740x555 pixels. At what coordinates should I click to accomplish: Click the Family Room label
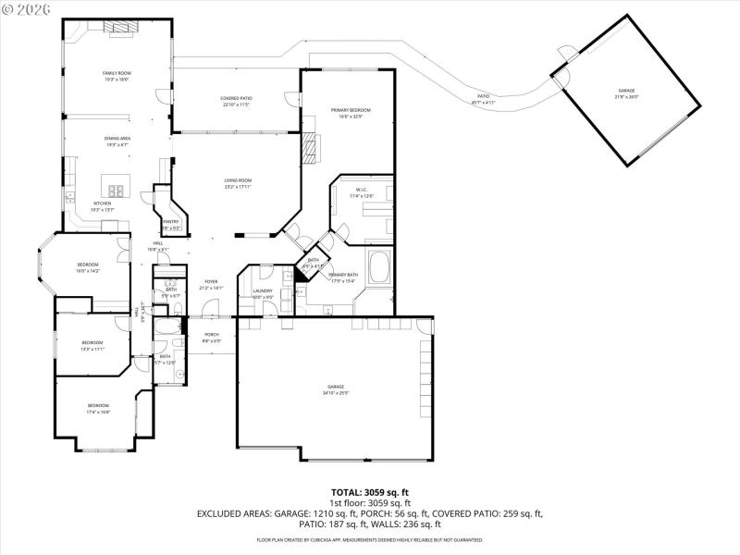click(117, 75)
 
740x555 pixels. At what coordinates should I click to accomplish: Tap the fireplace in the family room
click(117, 28)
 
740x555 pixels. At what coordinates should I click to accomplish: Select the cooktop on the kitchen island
click(117, 191)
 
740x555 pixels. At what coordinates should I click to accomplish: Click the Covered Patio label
click(236, 101)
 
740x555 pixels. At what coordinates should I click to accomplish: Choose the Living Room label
click(238, 183)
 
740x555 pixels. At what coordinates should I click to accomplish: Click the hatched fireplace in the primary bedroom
click(312, 145)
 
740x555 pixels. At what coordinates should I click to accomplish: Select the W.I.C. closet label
click(361, 193)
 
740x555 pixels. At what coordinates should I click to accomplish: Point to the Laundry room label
click(263, 294)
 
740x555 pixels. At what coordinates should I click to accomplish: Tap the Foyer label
click(211, 284)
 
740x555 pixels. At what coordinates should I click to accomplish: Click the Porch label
click(212, 337)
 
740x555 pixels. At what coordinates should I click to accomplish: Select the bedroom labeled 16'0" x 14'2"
click(87, 267)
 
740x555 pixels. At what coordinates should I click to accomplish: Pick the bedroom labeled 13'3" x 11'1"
click(92, 346)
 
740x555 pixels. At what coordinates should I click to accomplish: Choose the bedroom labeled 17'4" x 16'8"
click(98, 409)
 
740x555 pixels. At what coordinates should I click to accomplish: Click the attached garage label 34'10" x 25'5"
click(335, 389)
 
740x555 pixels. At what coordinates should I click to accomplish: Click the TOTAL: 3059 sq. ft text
click(370, 492)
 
